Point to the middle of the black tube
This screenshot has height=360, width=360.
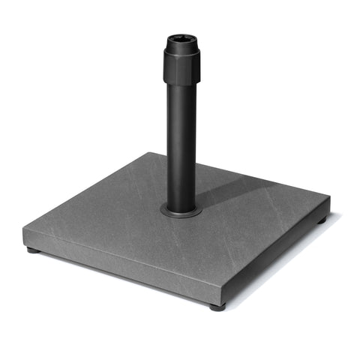pos(181,142)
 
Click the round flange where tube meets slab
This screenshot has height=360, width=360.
pos(181,211)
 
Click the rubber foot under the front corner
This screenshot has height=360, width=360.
pos(216,307)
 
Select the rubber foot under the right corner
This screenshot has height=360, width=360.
pos(321,221)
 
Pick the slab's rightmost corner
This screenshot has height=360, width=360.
pos(330,199)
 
